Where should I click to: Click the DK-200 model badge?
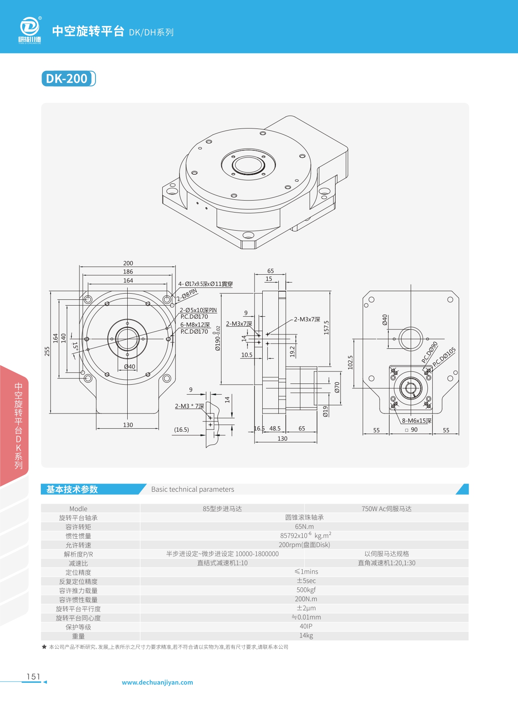click(68, 79)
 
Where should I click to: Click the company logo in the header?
click(30, 30)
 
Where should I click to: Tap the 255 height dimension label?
click(47, 351)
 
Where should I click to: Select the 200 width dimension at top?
click(128, 263)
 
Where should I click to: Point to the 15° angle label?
click(75, 346)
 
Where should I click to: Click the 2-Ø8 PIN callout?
click(187, 295)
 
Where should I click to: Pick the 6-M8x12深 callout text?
click(195, 325)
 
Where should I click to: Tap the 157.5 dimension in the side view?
click(326, 327)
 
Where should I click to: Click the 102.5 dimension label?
click(350, 362)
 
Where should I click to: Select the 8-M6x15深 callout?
click(417, 421)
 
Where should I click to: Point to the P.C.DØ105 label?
click(444, 357)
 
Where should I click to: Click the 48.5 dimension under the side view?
click(275, 428)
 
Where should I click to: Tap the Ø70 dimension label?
click(337, 387)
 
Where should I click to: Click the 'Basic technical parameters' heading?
click(192, 489)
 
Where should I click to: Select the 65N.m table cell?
click(304, 526)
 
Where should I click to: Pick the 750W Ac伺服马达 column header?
click(386, 509)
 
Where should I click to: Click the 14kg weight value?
click(306, 635)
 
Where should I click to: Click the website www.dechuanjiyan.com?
click(157, 682)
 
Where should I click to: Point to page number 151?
click(33, 676)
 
